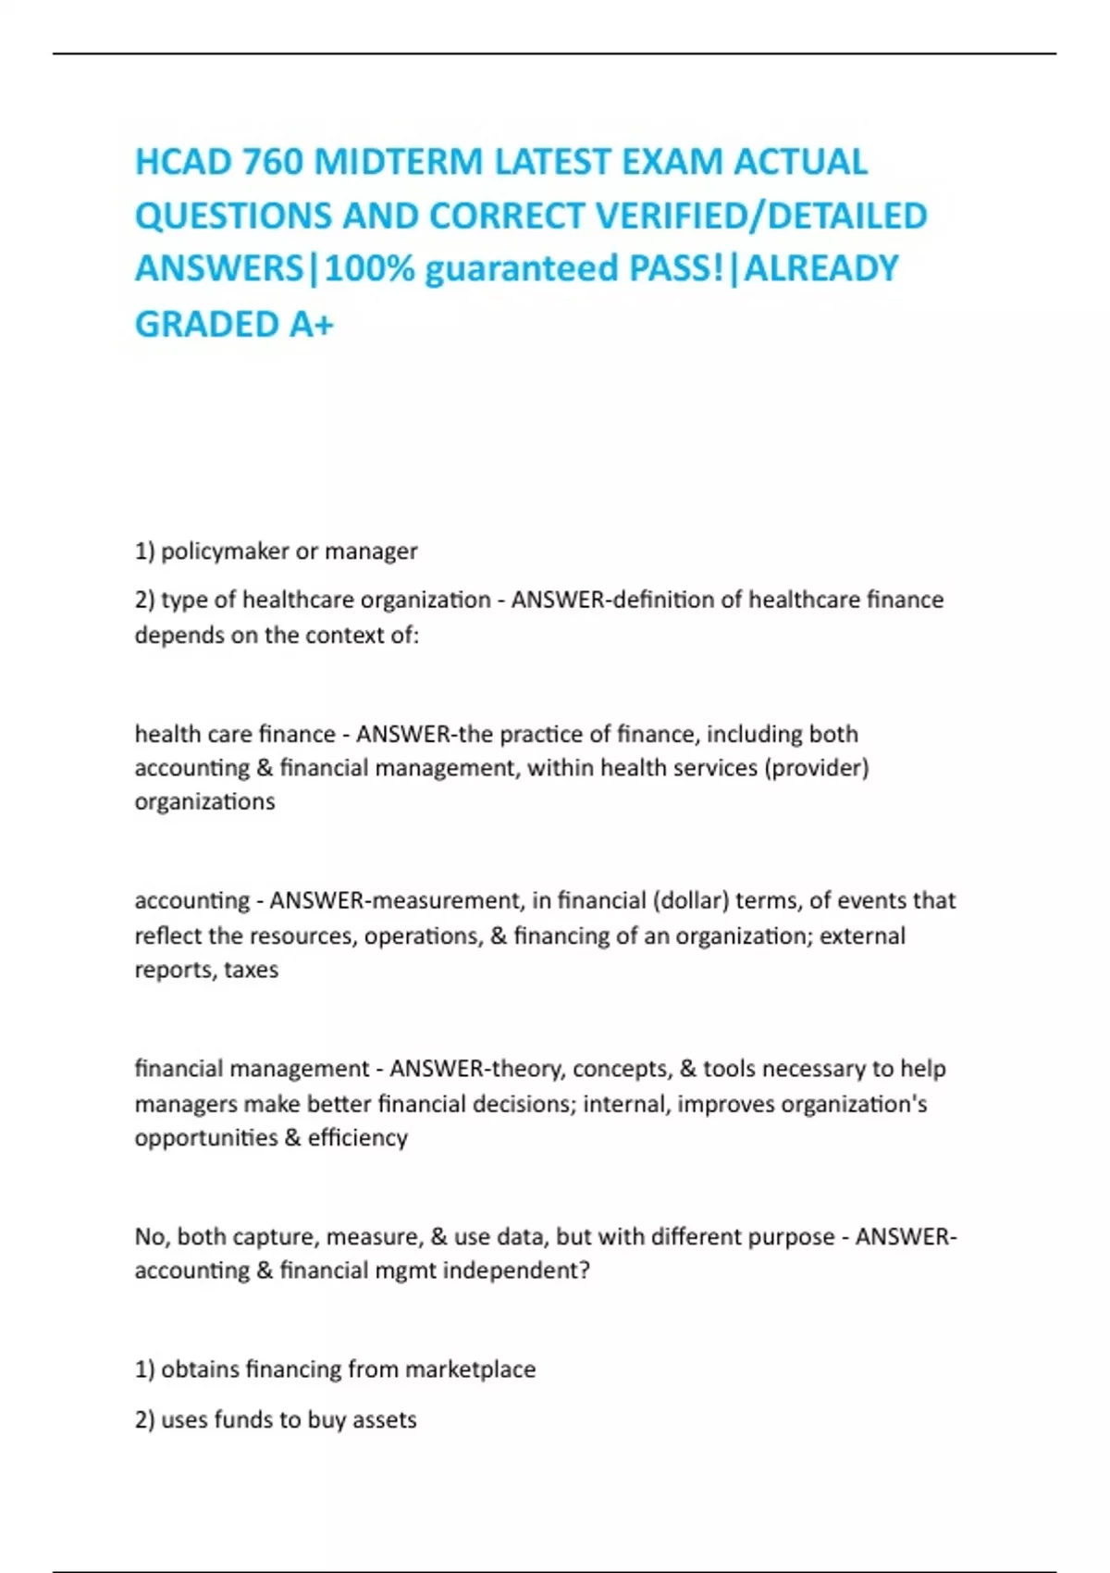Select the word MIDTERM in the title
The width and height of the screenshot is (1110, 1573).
(x=399, y=162)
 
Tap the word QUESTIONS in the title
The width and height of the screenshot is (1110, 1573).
(x=232, y=216)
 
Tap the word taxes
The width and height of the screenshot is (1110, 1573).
(x=251, y=970)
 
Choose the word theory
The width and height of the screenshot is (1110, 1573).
(x=528, y=1069)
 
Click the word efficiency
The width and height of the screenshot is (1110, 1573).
(x=358, y=1137)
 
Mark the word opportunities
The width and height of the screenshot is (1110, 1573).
(x=206, y=1137)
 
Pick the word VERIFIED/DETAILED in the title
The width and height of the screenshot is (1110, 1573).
(x=761, y=216)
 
